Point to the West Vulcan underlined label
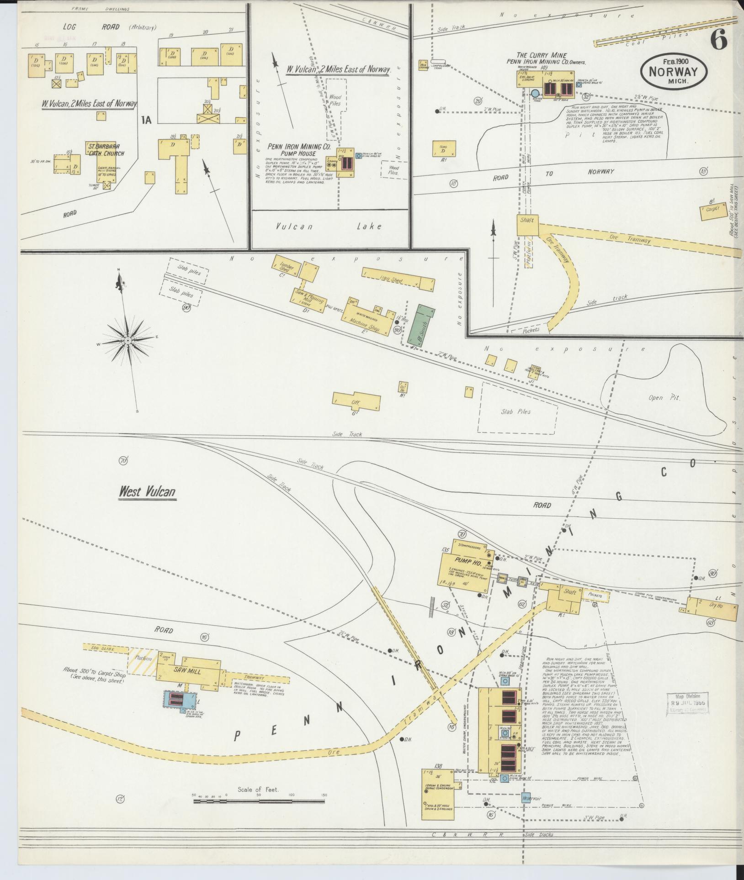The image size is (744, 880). (147, 492)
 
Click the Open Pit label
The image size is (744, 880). (664, 398)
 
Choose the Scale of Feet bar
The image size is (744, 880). (259, 801)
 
